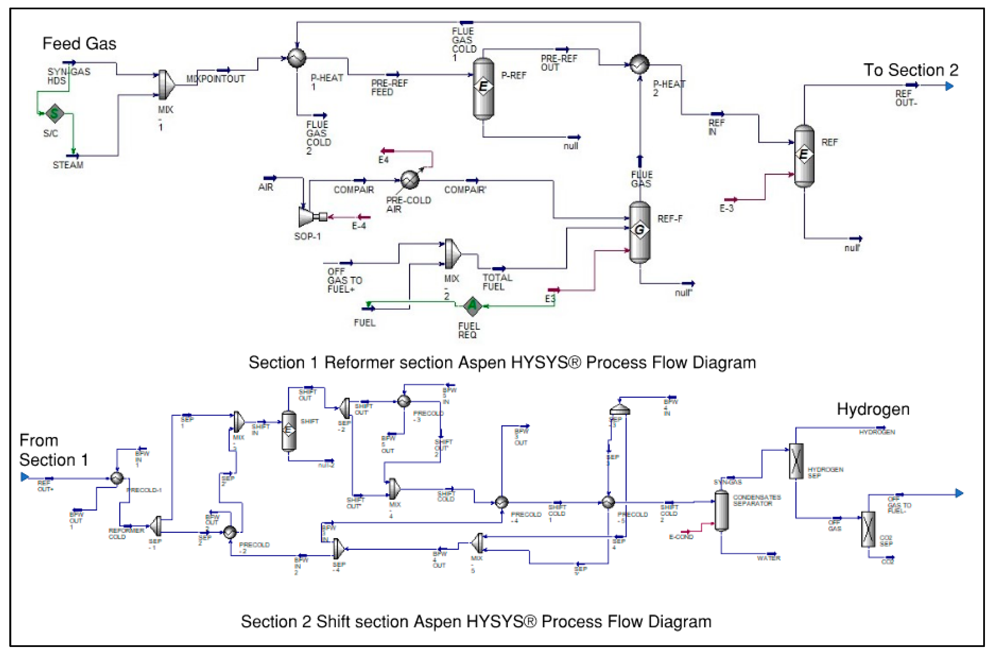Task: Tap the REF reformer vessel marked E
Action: pyautogui.click(x=804, y=155)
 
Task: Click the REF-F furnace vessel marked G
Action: pyautogui.click(x=639, y=231)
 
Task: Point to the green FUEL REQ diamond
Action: pyautogui.click(x=472, y=306)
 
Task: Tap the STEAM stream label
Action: pyautogui.click(x=68, y=165)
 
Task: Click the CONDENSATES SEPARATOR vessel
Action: pyautogui.click(x=721, y=510)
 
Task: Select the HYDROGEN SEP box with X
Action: pyautogui.click(x=796, y=461)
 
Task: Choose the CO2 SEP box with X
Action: pyautogui.click(x=868, y=529)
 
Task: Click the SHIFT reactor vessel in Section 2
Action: pyautogui.click(x=289, y=430)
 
